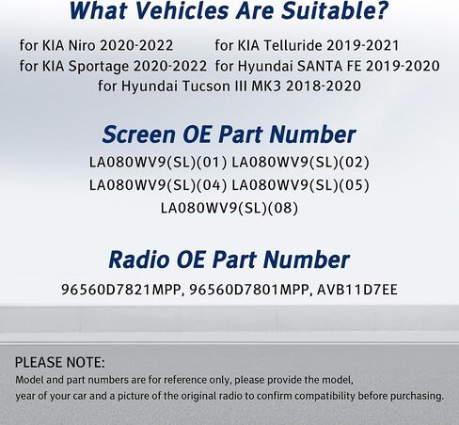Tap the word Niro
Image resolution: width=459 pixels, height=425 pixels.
82,45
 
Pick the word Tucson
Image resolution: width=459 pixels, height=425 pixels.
206,87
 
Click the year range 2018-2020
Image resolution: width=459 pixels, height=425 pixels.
324,87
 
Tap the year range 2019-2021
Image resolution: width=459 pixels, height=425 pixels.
362,45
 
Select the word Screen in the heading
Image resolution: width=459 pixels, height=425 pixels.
138,134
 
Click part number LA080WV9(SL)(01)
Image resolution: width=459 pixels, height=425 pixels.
158,163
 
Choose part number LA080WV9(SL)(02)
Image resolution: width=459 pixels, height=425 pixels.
300,163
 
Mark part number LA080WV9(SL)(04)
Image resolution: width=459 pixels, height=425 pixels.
158,185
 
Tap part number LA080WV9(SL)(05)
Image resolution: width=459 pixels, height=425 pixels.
300,185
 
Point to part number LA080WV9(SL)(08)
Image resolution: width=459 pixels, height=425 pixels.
229,208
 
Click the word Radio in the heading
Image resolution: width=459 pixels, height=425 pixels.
139,260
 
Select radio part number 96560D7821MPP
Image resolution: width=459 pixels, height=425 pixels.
121,290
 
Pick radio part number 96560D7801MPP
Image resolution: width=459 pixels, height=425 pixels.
250,290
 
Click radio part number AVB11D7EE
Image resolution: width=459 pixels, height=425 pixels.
357,290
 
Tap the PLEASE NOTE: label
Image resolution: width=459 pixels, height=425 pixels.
60,363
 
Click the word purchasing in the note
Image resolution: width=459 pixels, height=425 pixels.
417,396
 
